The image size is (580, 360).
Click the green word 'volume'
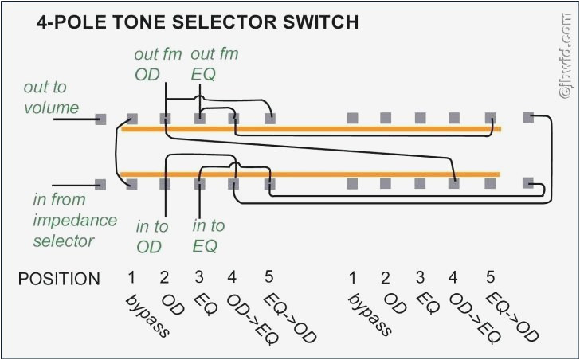51,108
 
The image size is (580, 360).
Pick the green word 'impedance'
74,220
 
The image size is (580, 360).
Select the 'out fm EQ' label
214,65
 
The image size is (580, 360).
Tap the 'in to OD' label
151,237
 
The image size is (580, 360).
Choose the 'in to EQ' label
209,237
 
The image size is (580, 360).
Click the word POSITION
59,279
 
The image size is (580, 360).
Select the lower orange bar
311,174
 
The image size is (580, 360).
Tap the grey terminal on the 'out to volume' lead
100,119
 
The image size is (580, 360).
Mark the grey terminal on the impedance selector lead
100,184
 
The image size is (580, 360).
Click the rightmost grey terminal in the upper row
527,118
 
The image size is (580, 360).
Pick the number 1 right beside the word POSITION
131,278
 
